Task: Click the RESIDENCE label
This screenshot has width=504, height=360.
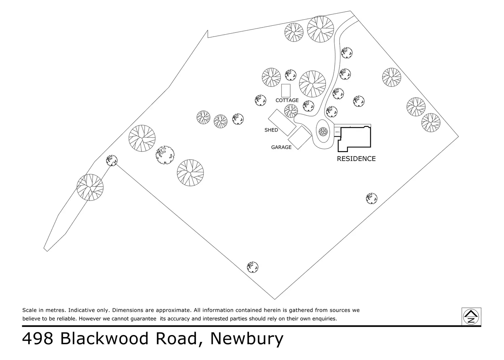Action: coord(356,159)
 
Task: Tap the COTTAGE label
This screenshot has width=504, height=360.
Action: coord(287,100)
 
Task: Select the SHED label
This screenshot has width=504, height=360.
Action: coord(271,130)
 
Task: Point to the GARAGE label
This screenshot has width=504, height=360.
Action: coord(281,147)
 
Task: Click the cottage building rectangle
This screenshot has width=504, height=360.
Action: coord(286,90)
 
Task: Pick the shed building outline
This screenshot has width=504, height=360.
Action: coord(282,122)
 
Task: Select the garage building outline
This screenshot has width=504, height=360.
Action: coord(300,138)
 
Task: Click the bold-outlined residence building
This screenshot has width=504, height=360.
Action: coord(356,139)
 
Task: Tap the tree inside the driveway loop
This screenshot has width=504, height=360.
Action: coord(323,131)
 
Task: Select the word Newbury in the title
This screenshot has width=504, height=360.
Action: coord(247,338)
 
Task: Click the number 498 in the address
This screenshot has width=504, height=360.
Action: coord(38,338)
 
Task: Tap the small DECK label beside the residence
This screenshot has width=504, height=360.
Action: coord(337,132)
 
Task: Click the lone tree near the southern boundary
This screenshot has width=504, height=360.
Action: coord(253,267)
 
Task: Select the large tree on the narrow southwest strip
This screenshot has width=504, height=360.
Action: coord(90,187)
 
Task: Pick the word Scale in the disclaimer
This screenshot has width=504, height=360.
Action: coord(29,310)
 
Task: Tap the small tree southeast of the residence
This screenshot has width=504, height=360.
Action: coord(371,198)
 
